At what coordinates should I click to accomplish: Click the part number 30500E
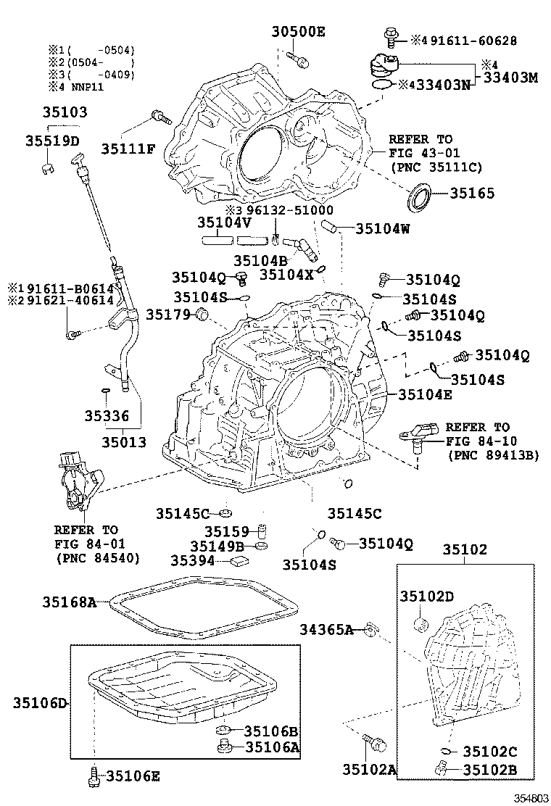click(299, 31)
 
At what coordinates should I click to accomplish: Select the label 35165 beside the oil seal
click(472, 194)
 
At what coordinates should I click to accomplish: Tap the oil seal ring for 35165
click(420, 198)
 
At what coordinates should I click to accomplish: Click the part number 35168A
click(69, 601)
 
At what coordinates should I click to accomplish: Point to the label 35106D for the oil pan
click(40, 702)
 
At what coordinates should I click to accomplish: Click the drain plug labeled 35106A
click(223, 746)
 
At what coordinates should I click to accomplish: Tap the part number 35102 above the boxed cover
click(465, 549)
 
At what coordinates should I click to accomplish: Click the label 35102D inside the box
click(427, 596)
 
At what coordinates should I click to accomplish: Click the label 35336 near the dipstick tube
click(106, 416)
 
